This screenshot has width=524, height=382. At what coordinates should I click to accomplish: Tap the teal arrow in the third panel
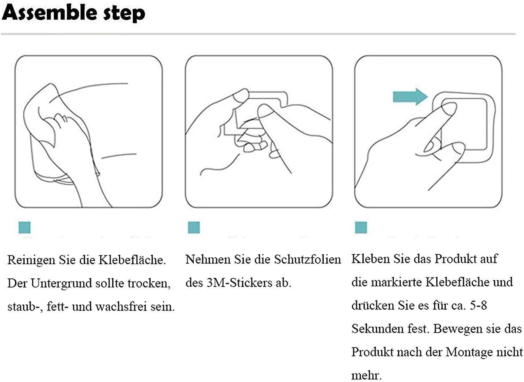410,97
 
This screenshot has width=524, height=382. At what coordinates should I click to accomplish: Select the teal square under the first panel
24,228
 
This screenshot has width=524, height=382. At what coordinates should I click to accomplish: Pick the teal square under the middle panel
194,228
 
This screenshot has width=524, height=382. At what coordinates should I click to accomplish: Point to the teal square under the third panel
361,228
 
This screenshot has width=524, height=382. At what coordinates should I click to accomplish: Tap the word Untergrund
61,283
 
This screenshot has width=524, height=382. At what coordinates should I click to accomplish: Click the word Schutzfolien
307,259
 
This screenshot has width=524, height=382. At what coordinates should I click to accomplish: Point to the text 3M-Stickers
239,283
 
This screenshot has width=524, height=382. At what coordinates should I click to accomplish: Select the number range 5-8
478,305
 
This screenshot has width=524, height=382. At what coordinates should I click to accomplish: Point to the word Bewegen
457,329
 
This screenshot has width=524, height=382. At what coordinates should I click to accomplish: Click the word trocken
149,284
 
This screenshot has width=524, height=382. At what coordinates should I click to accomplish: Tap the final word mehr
367,376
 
